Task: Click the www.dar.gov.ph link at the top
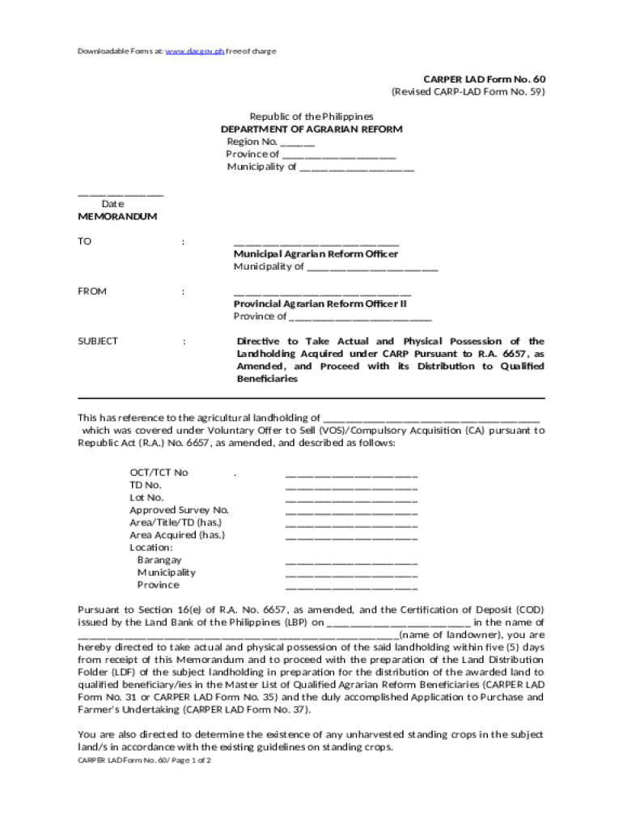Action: point(194,51)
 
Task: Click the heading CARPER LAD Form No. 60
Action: point(485,79)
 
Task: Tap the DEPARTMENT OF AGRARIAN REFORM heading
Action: point(311,130)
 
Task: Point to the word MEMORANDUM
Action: point(117,217)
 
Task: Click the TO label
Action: point(85,241)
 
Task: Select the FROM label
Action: point(92,291)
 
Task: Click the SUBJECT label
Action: point(98,341)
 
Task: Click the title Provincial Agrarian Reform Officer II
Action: point(320,304)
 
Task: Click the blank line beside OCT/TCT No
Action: point(351,474)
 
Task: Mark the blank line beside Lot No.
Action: point(351,499)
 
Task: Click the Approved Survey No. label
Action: point(179,510)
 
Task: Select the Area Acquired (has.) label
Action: point(177,535)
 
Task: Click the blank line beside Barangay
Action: point(351,561)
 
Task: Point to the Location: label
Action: point(151,547)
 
